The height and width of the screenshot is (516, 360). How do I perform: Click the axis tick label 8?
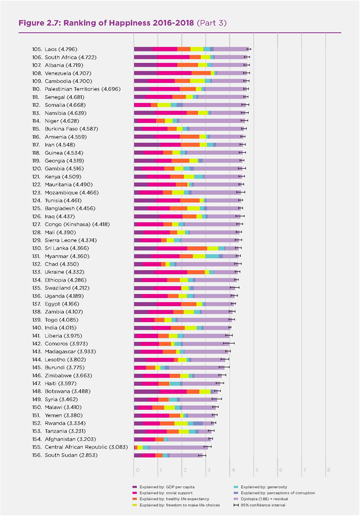[328, 470]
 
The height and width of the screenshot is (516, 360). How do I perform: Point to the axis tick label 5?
[257, 470]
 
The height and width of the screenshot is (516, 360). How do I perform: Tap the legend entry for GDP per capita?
[164, 487]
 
